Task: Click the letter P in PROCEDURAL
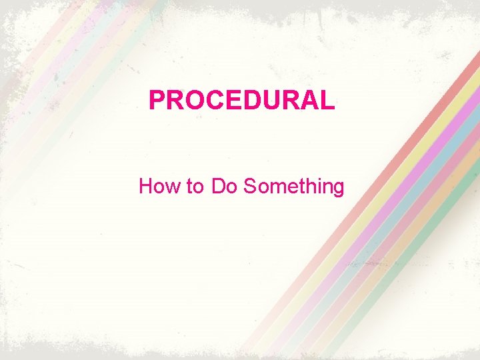157,101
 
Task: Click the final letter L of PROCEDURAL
325,101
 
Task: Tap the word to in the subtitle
195,186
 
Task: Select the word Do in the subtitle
225,186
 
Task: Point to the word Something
293,186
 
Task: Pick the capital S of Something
250,186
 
